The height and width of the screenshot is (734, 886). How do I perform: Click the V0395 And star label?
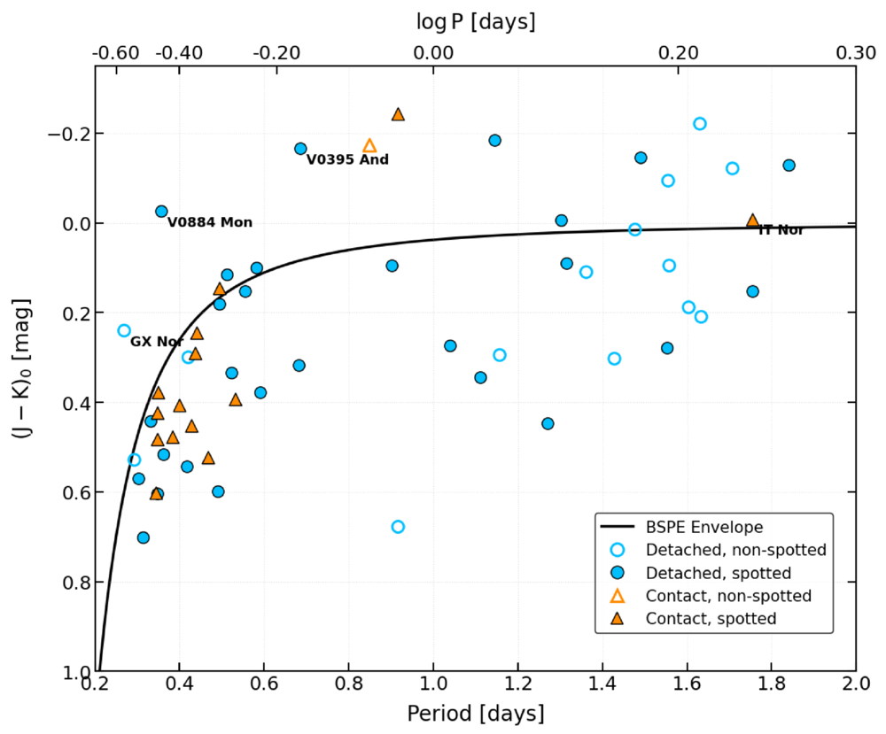[347, 159]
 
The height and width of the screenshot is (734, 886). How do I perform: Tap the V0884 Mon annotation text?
[210, 222]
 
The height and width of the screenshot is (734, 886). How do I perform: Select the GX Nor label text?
[157, 342]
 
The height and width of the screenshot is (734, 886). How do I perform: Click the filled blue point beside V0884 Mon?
[161, 211]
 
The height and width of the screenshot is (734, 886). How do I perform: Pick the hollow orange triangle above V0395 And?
[369, 146]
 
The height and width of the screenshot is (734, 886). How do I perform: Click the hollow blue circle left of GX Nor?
[124, 330]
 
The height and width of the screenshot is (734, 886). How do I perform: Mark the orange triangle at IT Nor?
[752, 220]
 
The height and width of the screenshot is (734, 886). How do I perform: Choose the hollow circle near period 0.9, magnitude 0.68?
[398, 527]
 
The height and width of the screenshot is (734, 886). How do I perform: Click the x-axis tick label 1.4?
[602, 684]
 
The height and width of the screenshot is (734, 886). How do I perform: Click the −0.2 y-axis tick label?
[68, 134]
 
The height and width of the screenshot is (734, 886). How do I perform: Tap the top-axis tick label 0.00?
[433, 53]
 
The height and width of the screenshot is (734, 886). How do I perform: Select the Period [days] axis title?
[476, 714]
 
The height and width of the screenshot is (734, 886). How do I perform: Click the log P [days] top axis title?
[476, 22]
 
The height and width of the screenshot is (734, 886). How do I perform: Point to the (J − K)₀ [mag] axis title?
[22, 369]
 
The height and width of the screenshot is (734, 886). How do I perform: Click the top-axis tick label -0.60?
[116, 53]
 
